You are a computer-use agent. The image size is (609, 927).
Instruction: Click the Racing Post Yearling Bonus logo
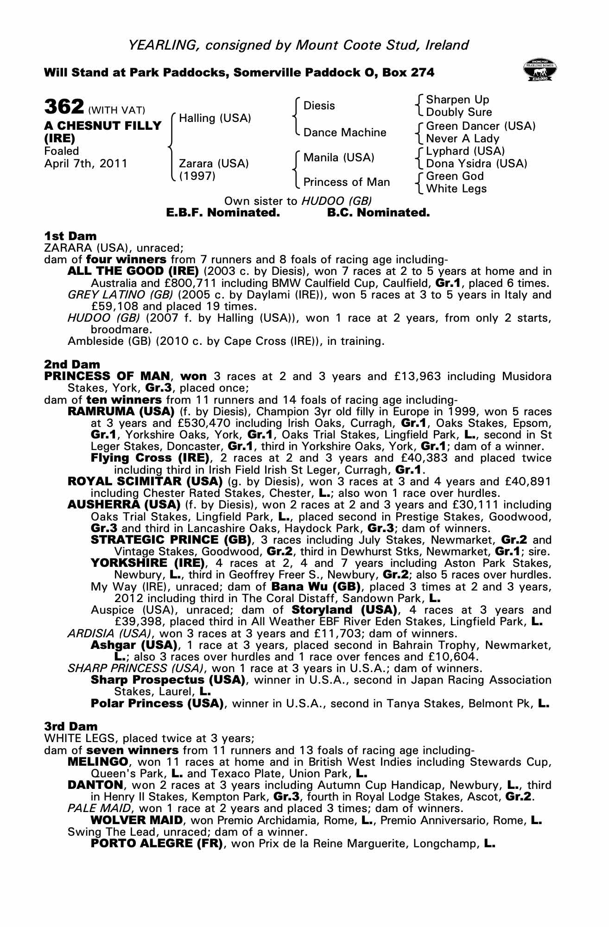pyautogui.click(x=539, y=71)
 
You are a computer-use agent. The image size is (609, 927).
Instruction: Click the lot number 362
pyautogui.click(x=63, y=107)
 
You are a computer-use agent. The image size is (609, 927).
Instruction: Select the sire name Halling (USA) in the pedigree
pyautogui.click(x=215, y=118)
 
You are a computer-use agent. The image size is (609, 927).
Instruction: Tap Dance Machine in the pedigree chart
pyautogui.click(x=344, y=133)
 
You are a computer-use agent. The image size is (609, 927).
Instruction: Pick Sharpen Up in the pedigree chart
pyautogui.click(x=457, y=100)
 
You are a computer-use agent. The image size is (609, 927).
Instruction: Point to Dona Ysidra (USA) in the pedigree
pyautogui.click(x=476, y=163)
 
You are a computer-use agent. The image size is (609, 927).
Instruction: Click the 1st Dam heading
pyautogui.click(x=70, y=236)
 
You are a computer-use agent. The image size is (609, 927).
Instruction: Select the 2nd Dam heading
pyautogui.click(x=72, y=364)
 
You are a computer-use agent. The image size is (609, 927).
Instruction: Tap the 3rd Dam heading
pyautogui.click(x=71, y=726)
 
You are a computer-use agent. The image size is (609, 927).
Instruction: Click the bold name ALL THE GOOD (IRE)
pyautogui.click(x=133, y=271)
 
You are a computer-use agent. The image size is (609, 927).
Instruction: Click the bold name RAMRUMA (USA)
pyautogui.click(x=121, y=412)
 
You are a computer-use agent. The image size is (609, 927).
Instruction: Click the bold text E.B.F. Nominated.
pyautogui.click(x=222, y=213)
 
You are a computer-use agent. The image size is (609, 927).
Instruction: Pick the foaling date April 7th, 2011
pyautogui.click(x=86, y=164)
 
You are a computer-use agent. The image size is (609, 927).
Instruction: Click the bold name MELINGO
pyautogui.click(x=97, y=762)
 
